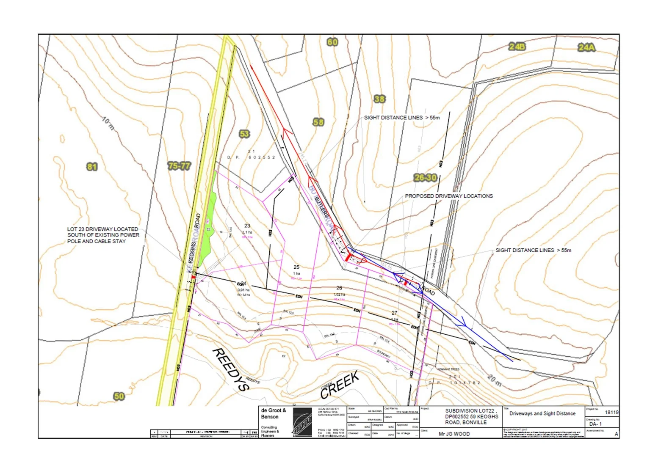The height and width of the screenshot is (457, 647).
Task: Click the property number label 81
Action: [92, 167]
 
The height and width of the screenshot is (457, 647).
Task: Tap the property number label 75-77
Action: [179, 166]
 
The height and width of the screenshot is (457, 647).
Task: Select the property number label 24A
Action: [586, 47]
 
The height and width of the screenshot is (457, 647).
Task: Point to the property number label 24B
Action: [517, 47]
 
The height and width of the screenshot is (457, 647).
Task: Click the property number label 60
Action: [332, 42]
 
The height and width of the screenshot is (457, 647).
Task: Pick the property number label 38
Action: [379, 99]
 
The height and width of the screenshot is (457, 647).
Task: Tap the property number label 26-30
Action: [425, 178]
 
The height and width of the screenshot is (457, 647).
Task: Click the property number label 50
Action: [119, 396]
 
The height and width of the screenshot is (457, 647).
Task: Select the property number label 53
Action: [245, 134]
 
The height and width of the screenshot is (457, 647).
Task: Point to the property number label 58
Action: [318, 122]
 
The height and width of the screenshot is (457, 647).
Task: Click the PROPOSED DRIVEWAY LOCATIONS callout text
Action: [449, 196]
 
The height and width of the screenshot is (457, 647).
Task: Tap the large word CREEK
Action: [340, 385]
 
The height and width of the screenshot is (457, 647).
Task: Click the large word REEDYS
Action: [229, 369]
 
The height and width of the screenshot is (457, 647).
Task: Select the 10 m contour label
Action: [108, 123]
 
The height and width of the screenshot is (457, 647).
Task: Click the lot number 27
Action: [394, 313]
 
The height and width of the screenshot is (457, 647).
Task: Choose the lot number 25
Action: [296, 267]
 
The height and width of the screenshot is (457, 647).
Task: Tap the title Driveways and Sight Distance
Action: [542, 413]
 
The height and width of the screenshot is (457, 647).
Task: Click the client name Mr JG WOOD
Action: [454, 434]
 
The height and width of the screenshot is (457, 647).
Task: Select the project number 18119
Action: [611, 412]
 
